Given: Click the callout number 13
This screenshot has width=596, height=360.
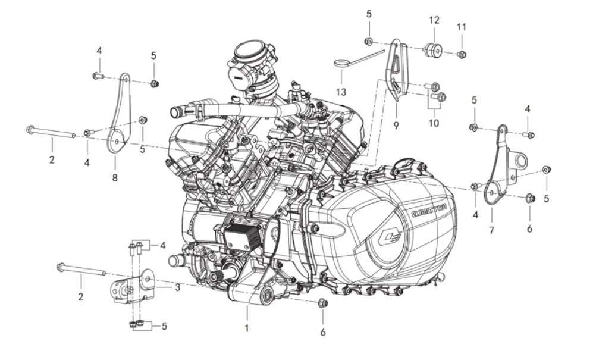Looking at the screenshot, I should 340,92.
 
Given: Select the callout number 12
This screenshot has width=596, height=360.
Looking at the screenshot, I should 434,20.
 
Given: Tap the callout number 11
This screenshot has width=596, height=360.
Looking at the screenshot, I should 462,27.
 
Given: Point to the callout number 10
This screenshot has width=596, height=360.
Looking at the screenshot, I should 434,123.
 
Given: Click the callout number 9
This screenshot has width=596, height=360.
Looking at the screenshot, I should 396,125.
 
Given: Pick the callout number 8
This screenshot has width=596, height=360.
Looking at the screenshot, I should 114,177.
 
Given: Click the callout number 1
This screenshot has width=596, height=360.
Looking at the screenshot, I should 247,327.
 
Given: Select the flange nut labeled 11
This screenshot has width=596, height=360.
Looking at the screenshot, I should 462,55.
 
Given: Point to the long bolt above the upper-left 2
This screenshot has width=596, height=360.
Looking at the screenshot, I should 51,133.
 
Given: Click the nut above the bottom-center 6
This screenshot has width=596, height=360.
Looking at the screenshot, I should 323,303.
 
